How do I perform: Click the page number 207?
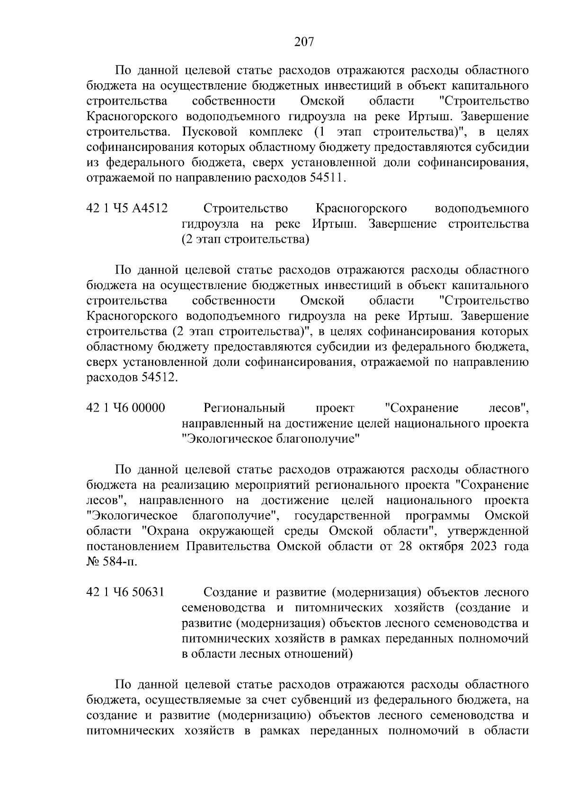(304, 43)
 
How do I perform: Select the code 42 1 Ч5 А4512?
(127, 209)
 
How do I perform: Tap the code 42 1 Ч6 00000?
(126, 408)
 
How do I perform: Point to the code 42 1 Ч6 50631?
(125, 592)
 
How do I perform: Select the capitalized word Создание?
(230, 592)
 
